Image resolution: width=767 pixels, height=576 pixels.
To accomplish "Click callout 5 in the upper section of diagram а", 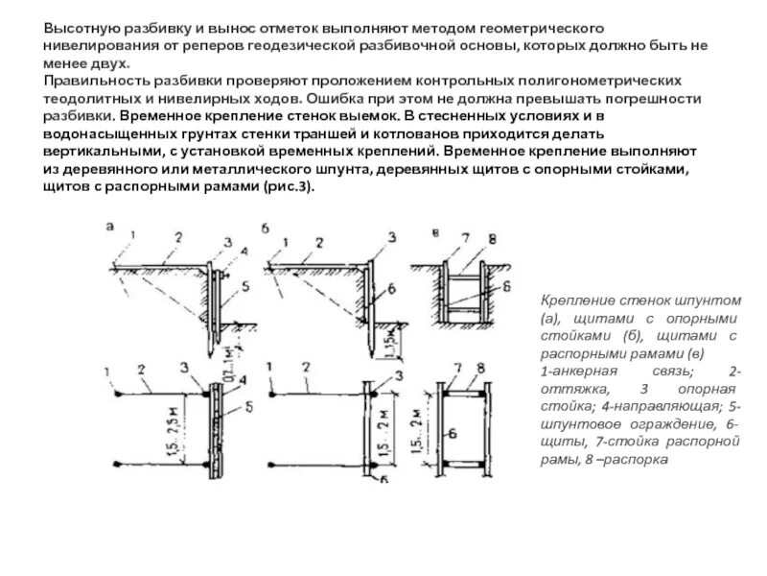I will point(245,286).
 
